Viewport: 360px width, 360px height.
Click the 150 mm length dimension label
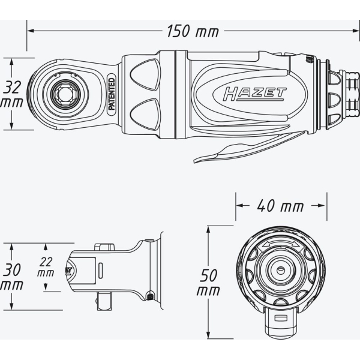[x=193, y=31]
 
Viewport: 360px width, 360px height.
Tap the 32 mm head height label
[x=12, y=94]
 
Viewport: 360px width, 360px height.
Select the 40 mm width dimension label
[x=280, y=206]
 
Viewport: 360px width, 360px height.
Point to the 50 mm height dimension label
[x=208, y=283]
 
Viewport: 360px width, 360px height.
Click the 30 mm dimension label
[x=12, y=277]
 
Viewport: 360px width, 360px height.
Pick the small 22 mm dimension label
[x=46, y=267]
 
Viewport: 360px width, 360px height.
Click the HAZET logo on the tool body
[x=254, y=94]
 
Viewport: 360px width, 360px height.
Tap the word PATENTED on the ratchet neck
[x=112, y=94]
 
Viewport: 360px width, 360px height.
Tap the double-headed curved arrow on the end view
[x=281, y=245]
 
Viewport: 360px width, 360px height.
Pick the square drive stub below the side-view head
[x=104, y=301]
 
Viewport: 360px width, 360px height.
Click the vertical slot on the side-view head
[x=100, y=271]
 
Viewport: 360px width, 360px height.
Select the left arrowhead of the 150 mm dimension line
[x=31, y=31]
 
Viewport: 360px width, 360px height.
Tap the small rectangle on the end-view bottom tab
[x=281, y=318]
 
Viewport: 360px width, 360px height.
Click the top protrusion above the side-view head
[x=104, y=247]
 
